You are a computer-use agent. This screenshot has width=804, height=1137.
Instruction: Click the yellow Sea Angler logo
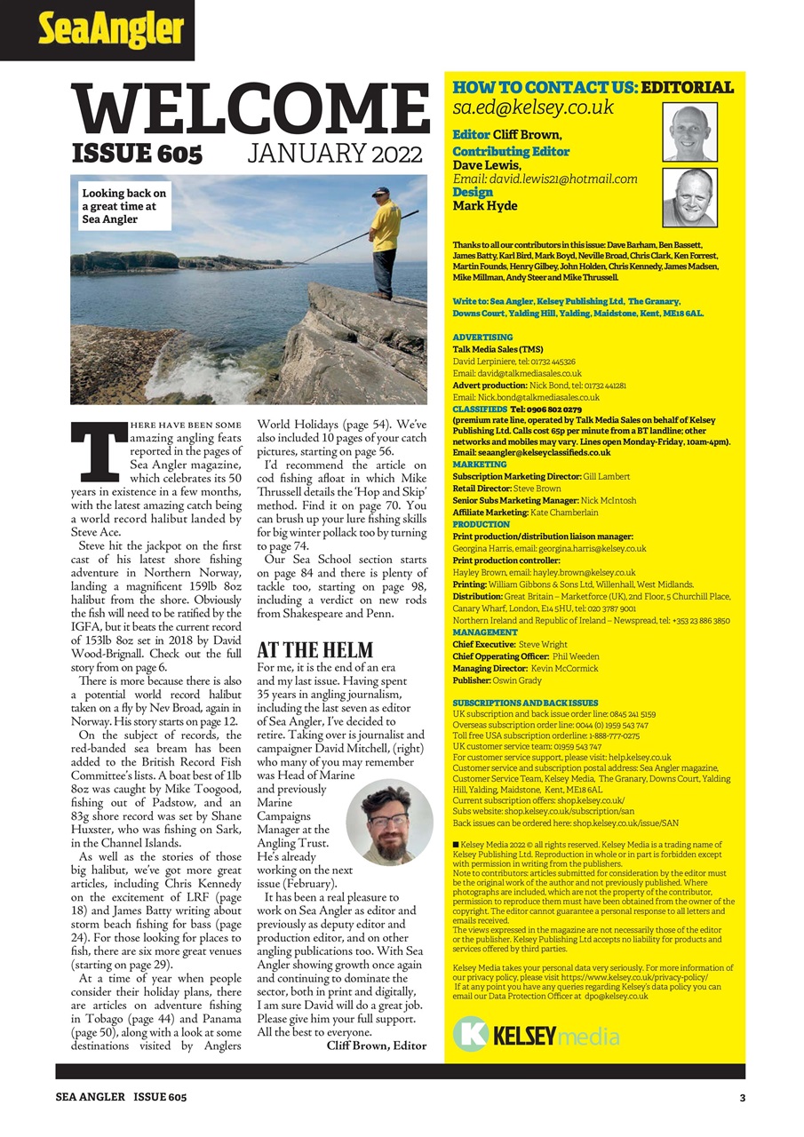pos(110,30)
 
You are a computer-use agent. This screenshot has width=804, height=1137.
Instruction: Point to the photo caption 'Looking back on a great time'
pos(124,206)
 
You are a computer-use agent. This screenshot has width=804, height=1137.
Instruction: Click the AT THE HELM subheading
pos(314,650)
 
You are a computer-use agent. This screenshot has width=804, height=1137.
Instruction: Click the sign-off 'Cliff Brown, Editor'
pos(376,1046)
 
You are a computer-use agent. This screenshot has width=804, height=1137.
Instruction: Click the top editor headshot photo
pos(689,132)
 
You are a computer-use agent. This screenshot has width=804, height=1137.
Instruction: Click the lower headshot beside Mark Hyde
pos(689,197)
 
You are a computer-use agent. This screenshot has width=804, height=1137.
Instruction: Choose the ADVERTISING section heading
pos(482,338)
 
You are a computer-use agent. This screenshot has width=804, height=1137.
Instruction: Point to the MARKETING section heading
pos(480,465)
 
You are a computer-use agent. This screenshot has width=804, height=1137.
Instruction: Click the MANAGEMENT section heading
pos(485,632)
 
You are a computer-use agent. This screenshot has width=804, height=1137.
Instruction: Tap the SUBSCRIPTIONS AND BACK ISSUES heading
pos(525,703)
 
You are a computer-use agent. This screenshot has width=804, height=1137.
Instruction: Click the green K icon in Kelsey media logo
pos(471,1035)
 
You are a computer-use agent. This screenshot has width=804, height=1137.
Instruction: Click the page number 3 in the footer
pos(742,1097)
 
